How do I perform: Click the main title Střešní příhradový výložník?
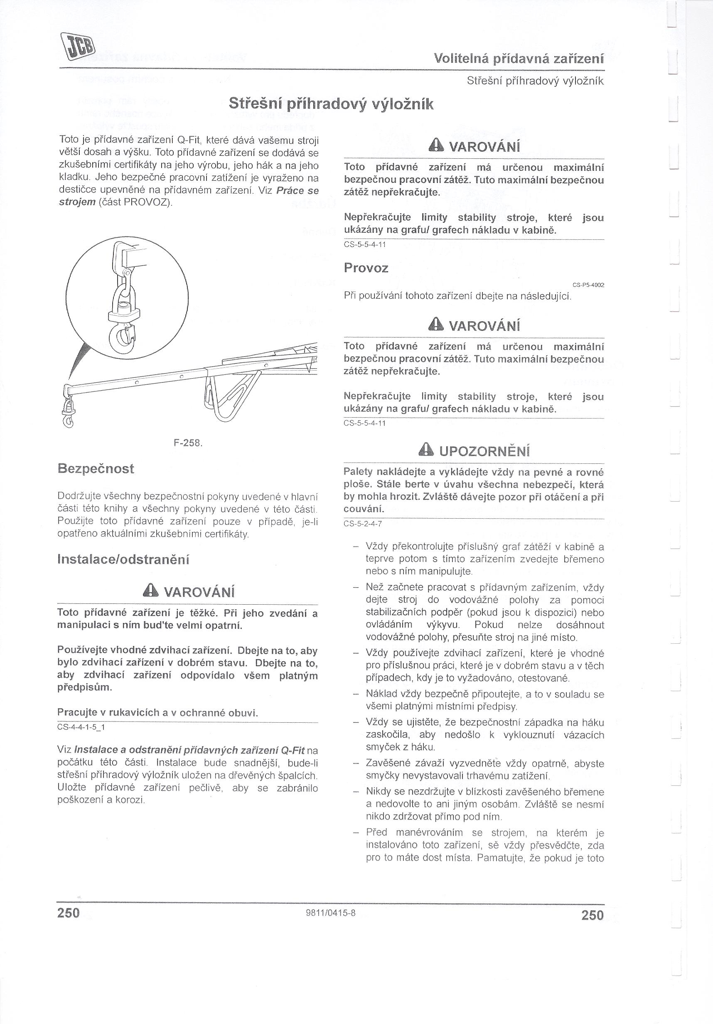pyautogui.click(x=330, y=104)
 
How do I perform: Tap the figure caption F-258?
pyautogui.click(x=188, y=443)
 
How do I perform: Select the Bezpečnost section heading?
pyautogui.click(x=96, y=469)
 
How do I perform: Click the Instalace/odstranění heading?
pyautogui.click(x=123, y=560)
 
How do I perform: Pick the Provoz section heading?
pyautogui.click(x=366, y=268)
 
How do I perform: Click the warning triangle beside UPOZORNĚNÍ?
pyautogui.click(x=427, y=451)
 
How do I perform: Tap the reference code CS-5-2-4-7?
pyautogui.click(x=362, y=524)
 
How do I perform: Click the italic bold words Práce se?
pyautogui.click(x=297, y=190)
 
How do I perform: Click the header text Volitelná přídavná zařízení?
pyautogui.click(x=519, y=59)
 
